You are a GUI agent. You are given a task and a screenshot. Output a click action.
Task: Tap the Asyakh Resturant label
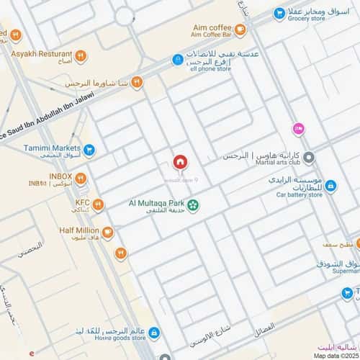(41, 54)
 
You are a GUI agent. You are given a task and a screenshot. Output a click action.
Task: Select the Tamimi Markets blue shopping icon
(89, 150)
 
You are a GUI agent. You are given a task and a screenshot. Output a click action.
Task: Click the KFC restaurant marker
(98, 205)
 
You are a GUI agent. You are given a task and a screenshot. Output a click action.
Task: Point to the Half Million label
(77, 231)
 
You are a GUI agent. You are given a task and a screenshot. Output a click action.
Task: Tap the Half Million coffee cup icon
(107, 232)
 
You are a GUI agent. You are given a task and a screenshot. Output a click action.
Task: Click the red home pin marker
(180, 162)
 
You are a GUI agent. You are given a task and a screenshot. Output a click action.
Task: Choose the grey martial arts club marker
(308, 157)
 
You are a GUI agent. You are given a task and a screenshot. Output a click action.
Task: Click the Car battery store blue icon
(330, 186)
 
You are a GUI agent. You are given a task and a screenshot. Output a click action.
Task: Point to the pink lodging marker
(298, 128)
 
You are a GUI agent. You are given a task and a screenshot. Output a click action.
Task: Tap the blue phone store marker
(177, 60)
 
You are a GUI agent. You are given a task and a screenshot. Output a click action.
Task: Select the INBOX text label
(60, 176)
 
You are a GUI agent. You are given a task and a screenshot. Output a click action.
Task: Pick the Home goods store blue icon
(164, 330)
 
